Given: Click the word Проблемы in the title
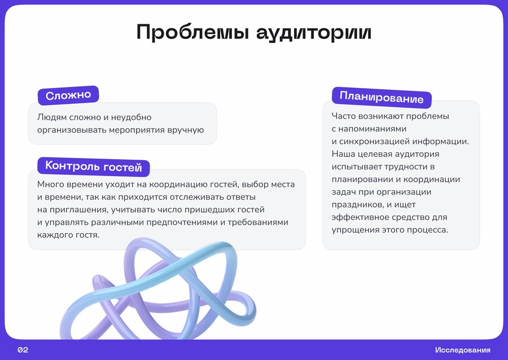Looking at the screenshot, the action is pos(192,32).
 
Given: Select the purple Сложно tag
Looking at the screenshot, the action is pos(68,95).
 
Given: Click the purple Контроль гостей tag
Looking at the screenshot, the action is pos(94,166).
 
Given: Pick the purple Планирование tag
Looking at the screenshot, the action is pos(382,98).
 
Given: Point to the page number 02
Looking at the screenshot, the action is pos(23,350).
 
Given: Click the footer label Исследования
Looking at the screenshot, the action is pos(463,350).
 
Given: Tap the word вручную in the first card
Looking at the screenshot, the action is pos(186,130).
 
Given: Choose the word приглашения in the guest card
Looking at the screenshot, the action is pos(78,210).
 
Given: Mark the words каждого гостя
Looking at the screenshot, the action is pos(68,235).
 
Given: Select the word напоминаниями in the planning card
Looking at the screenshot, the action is pos(373,129).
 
